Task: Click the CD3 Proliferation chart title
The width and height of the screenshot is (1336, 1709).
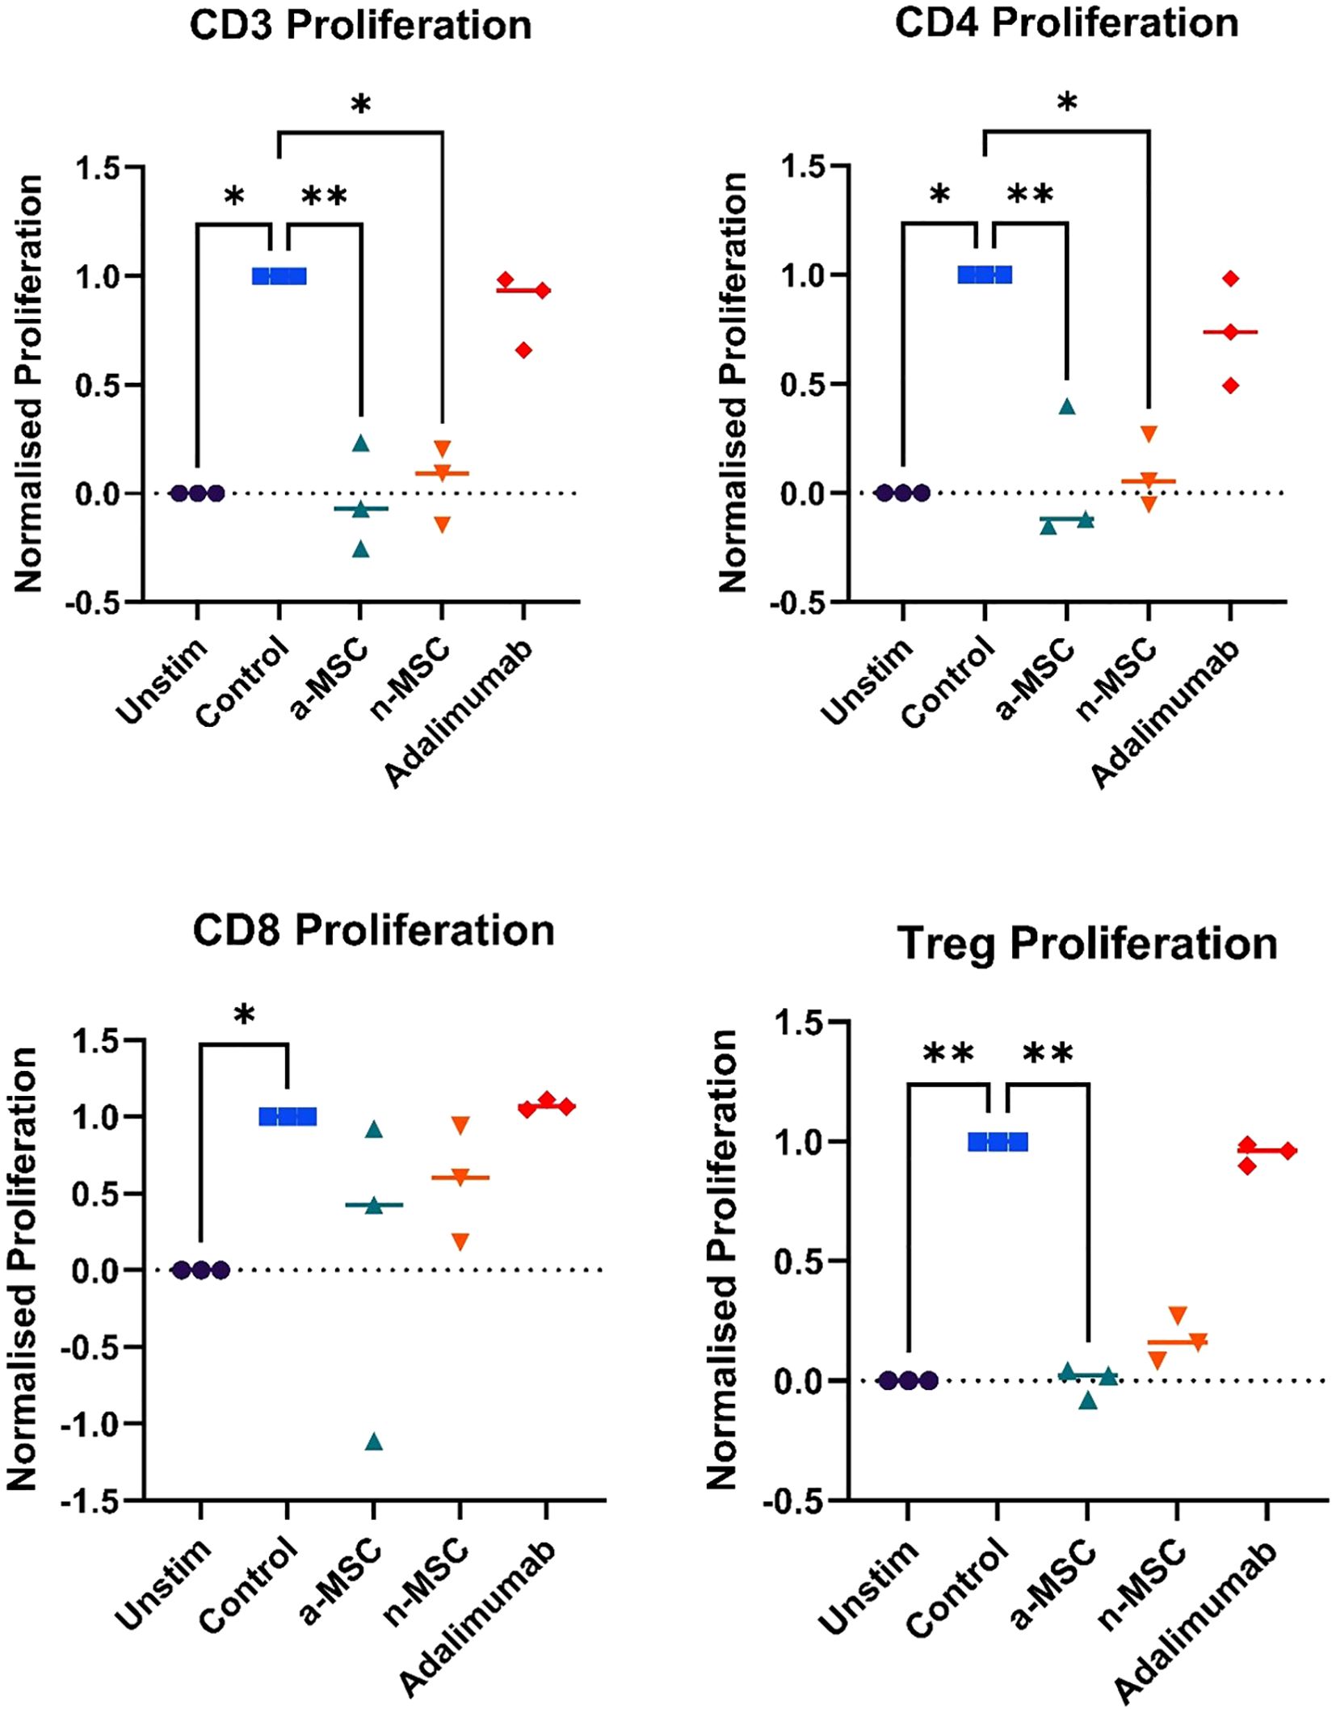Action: pyautogui.click(x=360, y=26)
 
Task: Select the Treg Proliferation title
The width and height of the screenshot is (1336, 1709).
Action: pyautogui.click(x=1086, y=943)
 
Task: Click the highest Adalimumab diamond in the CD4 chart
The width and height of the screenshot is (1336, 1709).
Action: pyautogui.click(x=1230, y=279)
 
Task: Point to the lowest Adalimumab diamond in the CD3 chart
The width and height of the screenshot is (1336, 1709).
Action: pyautogui.click(x=524, y=350)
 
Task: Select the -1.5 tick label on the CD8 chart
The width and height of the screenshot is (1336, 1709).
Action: pyautogui.click(x=95, y=1501)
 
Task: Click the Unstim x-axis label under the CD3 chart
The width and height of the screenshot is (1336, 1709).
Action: pyautogui.click(x=162, y=680)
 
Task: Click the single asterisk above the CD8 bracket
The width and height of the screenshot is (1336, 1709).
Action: pyautogui.click(x=244, y=1016)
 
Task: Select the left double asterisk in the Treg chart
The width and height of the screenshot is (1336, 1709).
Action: pyautogui.click(x=948, y=1054)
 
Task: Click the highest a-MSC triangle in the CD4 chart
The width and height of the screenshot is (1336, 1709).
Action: pyautogui.click(x=1067, y=406)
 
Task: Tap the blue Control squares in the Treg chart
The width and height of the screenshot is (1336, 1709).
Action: pyautogui.click(x=998, y=1142)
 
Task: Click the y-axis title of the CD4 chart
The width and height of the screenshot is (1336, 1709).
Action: pyautogui.click(x=733, y=383)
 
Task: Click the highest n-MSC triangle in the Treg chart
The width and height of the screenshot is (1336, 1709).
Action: pyautogui.click(x=1178, y=1315)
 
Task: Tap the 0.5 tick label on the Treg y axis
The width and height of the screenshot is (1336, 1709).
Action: pyautogui.click(x=796, y=1261)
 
